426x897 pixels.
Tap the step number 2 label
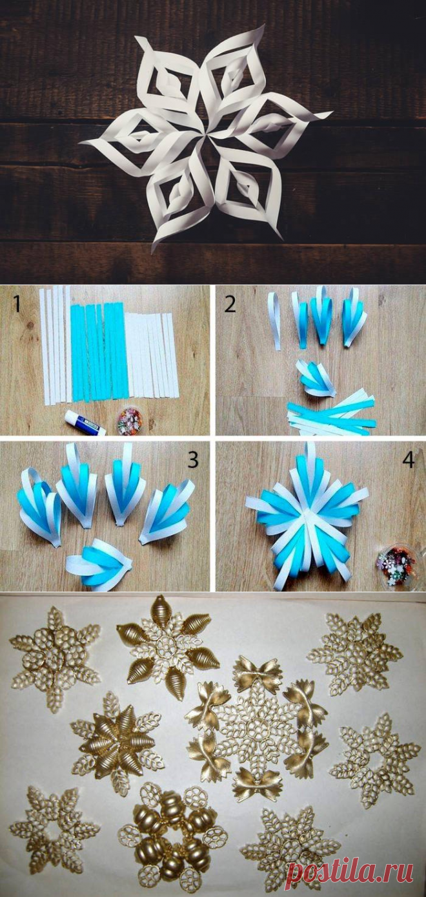(x=230, y=304)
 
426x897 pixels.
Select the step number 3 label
(x=193, y=460)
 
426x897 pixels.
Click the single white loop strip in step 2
(x=275, y=321)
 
